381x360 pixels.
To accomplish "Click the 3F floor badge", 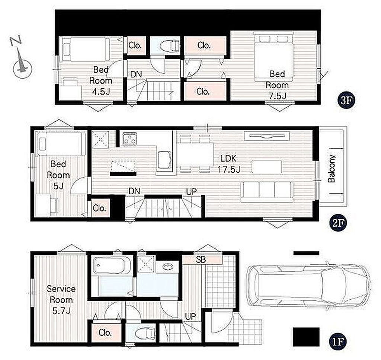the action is click(x=346, y=100).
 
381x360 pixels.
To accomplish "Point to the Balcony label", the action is click(x=332, y=168).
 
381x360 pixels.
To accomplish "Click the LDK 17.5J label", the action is click(x=229, y=164).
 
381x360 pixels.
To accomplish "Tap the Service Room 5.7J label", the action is click(x=61, y=300).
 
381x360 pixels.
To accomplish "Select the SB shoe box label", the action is click(x=201, y=260).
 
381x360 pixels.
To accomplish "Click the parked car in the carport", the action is click(x=308, y=286).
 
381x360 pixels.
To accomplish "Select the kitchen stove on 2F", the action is click(x=130, y=139).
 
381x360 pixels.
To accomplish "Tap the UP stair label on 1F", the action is click(x=190, y=316).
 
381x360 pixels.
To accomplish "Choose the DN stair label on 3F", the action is click(x=136, y=74).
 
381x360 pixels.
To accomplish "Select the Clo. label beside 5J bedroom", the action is click(x=99, y=208).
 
